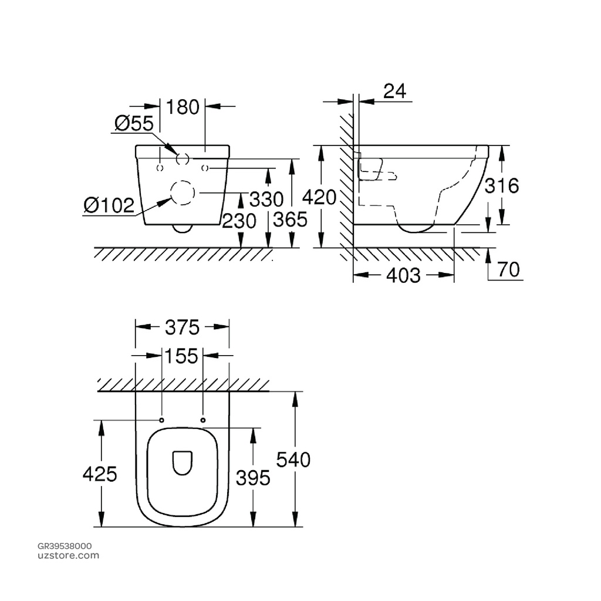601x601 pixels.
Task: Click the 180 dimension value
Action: (x=183, y=107)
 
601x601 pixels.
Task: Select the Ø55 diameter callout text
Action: (x=134, y=123)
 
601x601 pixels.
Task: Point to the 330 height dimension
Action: (x=266, y=200)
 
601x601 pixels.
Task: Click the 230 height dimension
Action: (x=239, y=221)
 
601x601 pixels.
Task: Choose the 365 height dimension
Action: (x=291, y=220)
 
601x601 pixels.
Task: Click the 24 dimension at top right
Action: (x=394, y=91)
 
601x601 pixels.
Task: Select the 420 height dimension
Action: (x=320, y=197)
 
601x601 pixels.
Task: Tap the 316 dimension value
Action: (x=502, y=186)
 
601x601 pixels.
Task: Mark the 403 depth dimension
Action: (x=404, y=275)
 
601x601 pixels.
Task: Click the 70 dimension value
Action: (x=508, y=269)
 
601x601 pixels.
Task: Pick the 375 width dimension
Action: (x=182, y=327)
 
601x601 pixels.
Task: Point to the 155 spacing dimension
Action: (x=182, y=356)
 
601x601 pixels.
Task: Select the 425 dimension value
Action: (x=100, y=474)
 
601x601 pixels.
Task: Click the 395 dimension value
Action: (x=253, y=478)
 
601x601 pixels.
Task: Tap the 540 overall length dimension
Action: (x=293, y=460)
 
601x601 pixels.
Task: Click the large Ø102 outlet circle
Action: (x=182, y=193)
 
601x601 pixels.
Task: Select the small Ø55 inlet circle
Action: (x=182, y=158)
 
